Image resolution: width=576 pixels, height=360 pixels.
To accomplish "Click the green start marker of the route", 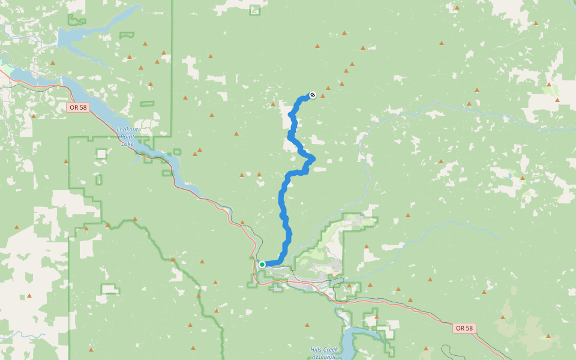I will [x=262, y=264].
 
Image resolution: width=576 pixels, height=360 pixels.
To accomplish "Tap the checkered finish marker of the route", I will [x=312, y=95].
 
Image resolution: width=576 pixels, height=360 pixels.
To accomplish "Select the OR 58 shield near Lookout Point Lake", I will [x=78, y=107].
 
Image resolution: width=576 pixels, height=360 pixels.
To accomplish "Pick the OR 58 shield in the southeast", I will [x=464, y=328].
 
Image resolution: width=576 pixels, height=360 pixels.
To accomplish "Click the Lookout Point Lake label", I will [x=127, y=136].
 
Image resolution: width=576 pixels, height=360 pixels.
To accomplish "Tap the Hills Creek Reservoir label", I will [x=324, y=353].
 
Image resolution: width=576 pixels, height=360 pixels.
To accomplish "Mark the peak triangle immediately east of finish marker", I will [x=323, y=95].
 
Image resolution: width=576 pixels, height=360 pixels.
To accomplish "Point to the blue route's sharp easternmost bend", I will [x=313, y=158].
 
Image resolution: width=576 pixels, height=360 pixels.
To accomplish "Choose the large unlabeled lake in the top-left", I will [x=90, y=36].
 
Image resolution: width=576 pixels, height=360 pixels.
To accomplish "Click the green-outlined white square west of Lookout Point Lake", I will [x=101, y=154].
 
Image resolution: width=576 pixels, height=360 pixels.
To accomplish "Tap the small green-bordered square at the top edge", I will [x=255, y=10].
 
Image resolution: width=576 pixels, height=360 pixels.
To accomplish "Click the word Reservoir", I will [x=324, y=356].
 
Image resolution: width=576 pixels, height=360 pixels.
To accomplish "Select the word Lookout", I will [x=127, y=130].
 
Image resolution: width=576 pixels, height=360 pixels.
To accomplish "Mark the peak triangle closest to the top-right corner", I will [x=536, y=23].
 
